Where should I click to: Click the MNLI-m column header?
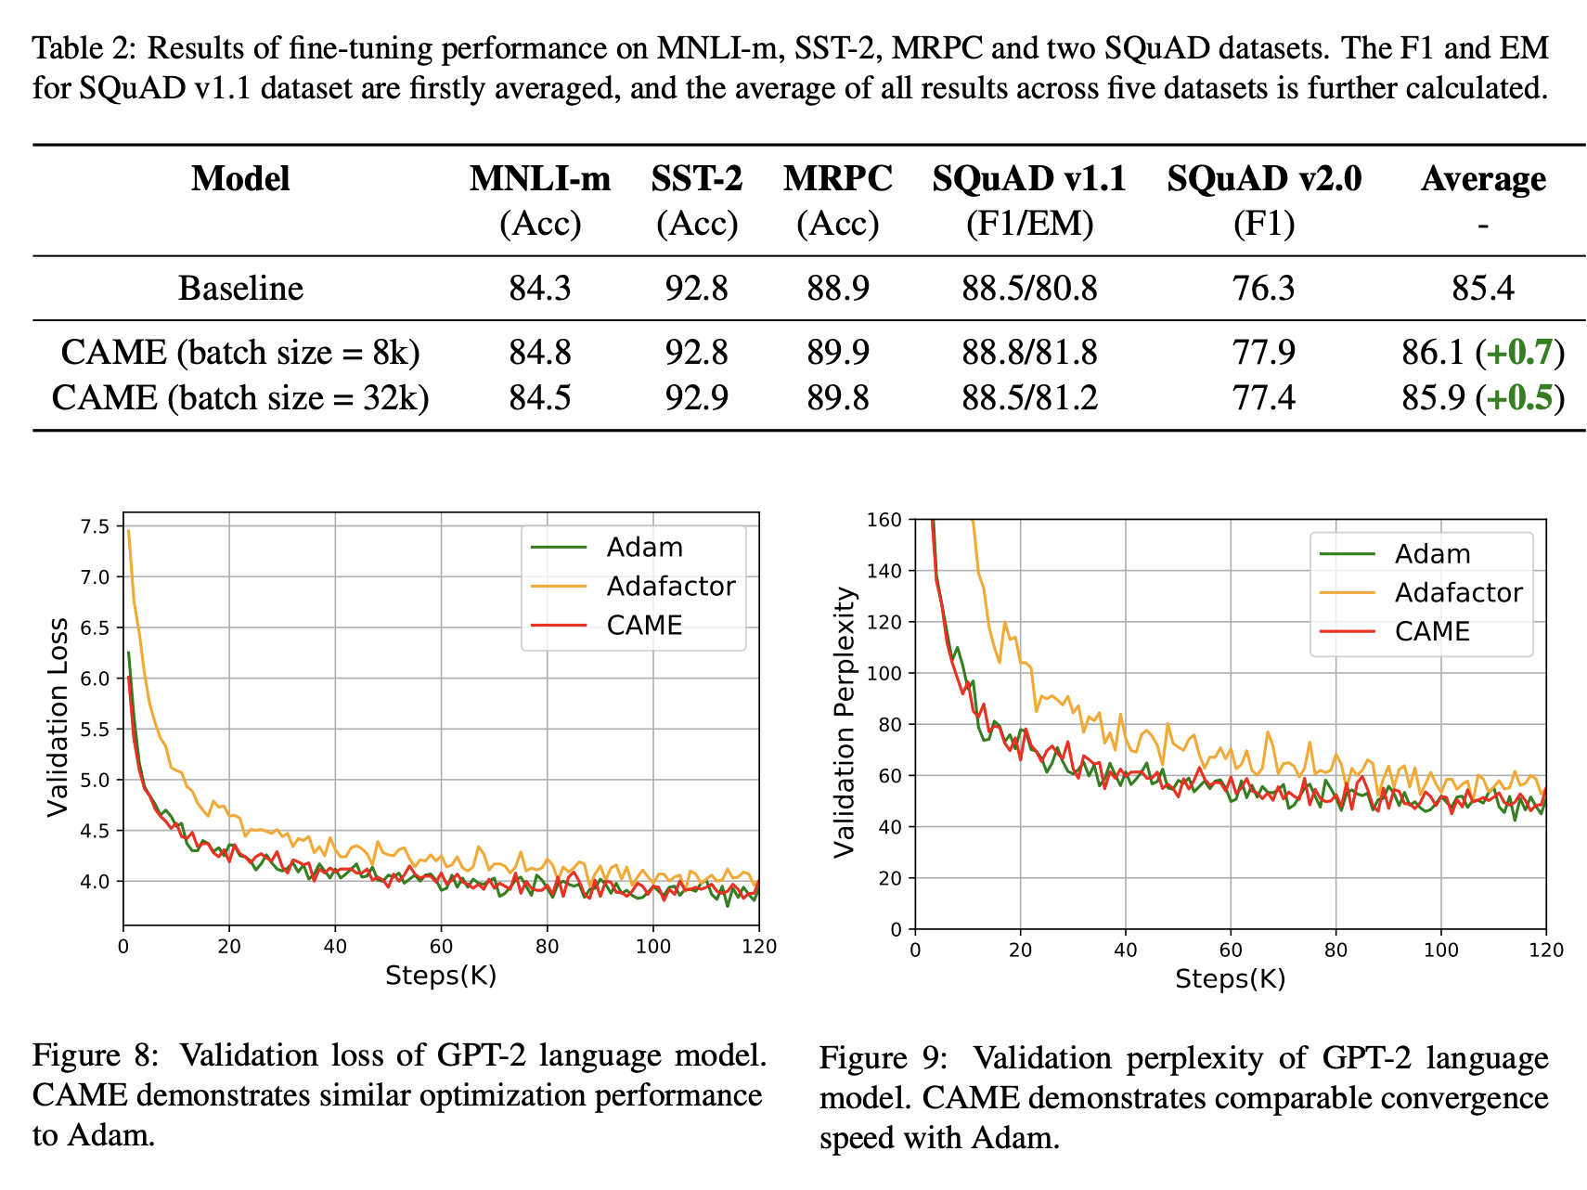click(539, 179)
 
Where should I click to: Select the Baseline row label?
click(240, 289)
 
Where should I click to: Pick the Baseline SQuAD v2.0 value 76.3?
click(1263, 289)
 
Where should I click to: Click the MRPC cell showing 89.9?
click(837, 353)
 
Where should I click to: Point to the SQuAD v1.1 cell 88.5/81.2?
click(1029, 398)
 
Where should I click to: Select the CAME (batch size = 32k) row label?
click(240, 398)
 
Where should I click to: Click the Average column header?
click(1483, 179)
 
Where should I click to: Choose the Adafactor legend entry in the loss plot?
click(670, 587)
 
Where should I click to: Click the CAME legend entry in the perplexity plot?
click(1432, 632)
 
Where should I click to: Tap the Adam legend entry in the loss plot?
click(644, 548)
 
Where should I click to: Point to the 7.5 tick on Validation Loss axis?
click(95, 527)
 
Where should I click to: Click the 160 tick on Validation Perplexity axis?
click(884, 520)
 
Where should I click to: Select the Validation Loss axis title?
click(58, 718)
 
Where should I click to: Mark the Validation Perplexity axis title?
click(844, 723)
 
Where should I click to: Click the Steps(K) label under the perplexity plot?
click(1230, 979)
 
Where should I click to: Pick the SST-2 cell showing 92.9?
click(696, 398)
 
